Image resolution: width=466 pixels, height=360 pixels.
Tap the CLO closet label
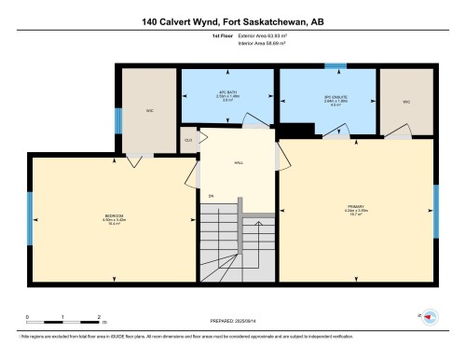pyautogui.click(x=187, y=140)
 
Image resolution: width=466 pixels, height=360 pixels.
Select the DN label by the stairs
pyautogui.click(x=212, y=196)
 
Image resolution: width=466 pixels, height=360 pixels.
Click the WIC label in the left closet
pyautogui.click(x=149, y=109)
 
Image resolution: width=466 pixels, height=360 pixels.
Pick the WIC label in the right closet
pyautogui.click(x=406, y=101)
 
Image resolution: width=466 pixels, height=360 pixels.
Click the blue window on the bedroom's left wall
pyautogui.click(x=30, y=217)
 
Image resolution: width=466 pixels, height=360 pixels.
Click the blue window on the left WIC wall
pyautogui.click(x=117, y=120)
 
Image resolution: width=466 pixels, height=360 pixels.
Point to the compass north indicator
pyautogui.click(x=430, y=318)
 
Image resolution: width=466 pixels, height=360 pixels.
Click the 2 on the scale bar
pyautogui.click(x=100, y=318)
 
